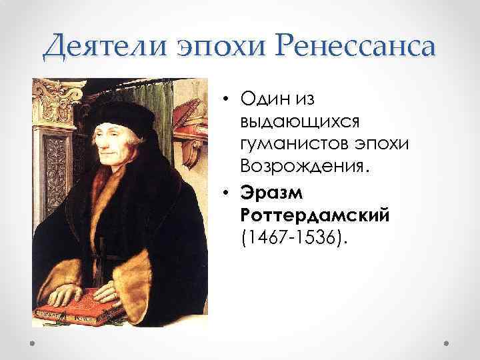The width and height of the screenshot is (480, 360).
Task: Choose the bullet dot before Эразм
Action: (228, 193)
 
